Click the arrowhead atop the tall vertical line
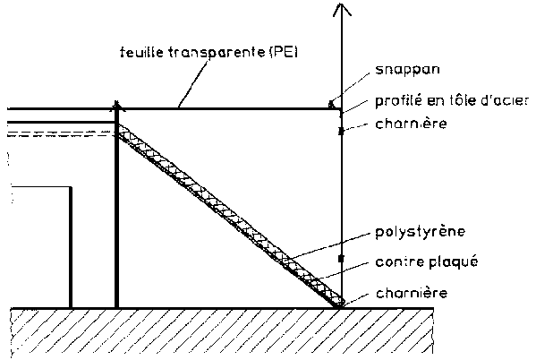coord(342,9)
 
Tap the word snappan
coord(407,70)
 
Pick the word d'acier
coord(507,101)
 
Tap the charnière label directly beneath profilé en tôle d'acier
coord(411,124)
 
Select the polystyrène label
coord(420,232)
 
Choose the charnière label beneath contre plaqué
coord(412,293)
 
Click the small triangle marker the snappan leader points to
coord(331,104)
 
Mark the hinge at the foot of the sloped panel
coord(340,304)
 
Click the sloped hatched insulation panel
coord(230,216)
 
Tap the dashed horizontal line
coord(61,134)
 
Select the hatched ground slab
coord(222,331)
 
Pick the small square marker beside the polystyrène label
coord(341,259)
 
